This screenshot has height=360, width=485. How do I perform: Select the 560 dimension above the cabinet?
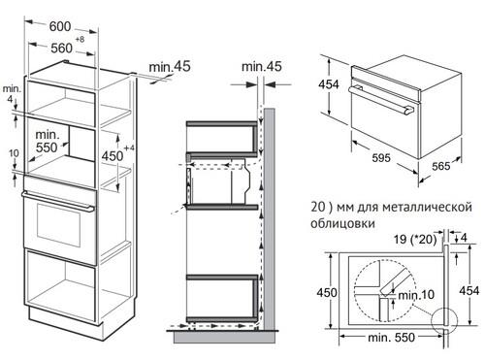click(x=61, y=46)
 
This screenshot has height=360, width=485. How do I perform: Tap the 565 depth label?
click(x=439, y=166)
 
